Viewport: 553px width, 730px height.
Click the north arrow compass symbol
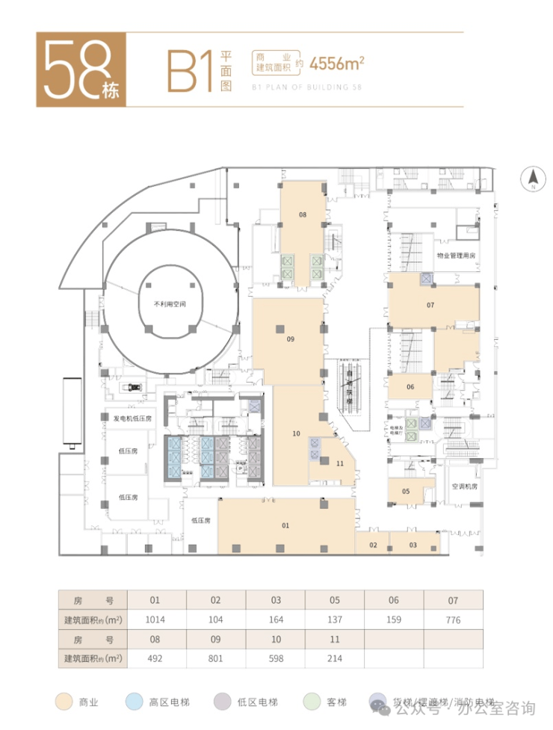point(534,179)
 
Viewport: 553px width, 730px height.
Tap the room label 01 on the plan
point(285,526)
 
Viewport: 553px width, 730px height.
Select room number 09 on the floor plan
point(290,339)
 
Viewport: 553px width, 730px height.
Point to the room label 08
point(303,214)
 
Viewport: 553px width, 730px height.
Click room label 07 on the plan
point(430,305)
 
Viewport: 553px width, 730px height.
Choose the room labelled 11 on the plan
point(340,463)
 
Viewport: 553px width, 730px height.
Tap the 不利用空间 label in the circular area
point(169,304)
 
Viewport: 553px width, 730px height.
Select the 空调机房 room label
point(464,486)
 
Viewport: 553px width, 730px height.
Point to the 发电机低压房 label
point(132,419)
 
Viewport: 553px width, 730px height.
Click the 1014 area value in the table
point(155,619)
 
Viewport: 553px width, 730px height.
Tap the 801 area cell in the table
point(215,658)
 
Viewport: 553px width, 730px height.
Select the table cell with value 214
point(334,658)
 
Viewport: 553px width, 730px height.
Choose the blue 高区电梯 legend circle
point(135,702)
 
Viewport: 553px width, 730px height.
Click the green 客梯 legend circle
point(311,702)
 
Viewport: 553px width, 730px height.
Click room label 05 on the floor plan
point(406,491)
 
